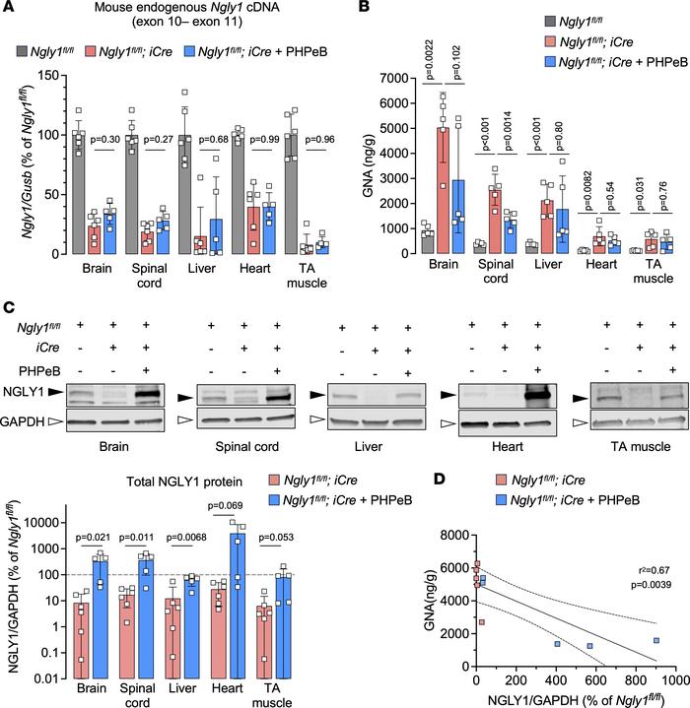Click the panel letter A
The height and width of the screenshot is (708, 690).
(x=8, y=9)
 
